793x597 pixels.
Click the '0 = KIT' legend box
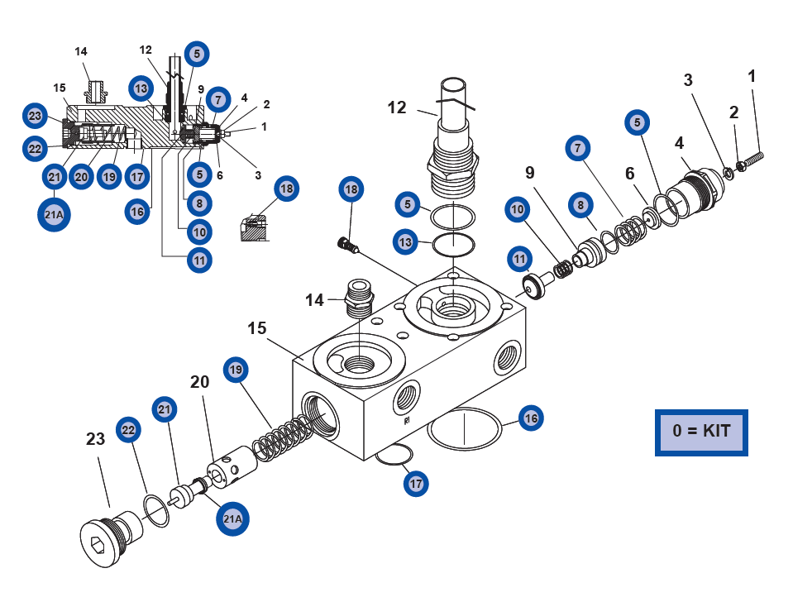tap(701, 432)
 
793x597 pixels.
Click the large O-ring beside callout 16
tap(466, 429)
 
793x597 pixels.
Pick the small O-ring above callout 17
tap(395, 454)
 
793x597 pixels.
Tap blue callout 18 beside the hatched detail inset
tap(286, 189)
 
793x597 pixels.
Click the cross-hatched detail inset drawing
tap(255, 228)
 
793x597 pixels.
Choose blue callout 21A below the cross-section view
tap(53, 215)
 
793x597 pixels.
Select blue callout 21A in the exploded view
tap(232, 518)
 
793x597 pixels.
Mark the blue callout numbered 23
tap(35, 115)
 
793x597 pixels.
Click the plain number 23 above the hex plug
tap(96, 438)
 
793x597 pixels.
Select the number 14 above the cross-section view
tap(81, 51)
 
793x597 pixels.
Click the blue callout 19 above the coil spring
tap(236, 370)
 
